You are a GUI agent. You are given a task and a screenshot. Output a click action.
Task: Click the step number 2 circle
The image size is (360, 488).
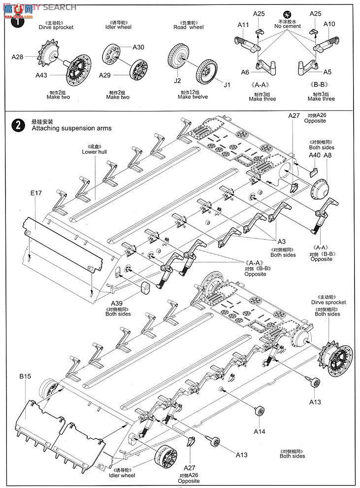[18, 125]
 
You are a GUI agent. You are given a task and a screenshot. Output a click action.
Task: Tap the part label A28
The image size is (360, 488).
[18, 57]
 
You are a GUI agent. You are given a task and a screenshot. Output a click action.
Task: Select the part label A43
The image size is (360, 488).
[42, 75]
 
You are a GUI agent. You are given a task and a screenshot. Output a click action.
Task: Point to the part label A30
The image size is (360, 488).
[138, 47]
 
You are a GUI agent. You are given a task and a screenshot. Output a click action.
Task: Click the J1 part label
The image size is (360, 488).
[227, 85]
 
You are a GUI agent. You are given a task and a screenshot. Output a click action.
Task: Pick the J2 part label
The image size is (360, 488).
[177, 80]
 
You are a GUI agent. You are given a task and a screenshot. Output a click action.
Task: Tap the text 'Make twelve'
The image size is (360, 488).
[193, 97]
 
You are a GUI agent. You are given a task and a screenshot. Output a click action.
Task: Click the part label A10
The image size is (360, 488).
[329, 24]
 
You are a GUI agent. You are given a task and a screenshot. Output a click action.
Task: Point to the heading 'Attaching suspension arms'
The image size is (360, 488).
[71, 128]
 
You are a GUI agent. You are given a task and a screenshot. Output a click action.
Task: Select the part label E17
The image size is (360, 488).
[36, 193]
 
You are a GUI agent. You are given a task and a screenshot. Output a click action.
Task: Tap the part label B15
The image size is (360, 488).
[26, 376]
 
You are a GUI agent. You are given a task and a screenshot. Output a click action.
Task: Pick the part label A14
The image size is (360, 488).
[260, 431]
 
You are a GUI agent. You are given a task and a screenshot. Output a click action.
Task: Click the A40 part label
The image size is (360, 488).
[315, 155]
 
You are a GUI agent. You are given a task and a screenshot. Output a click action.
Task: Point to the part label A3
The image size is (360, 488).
[281, 242]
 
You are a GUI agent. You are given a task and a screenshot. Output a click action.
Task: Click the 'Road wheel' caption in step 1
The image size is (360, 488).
[189, 28]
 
